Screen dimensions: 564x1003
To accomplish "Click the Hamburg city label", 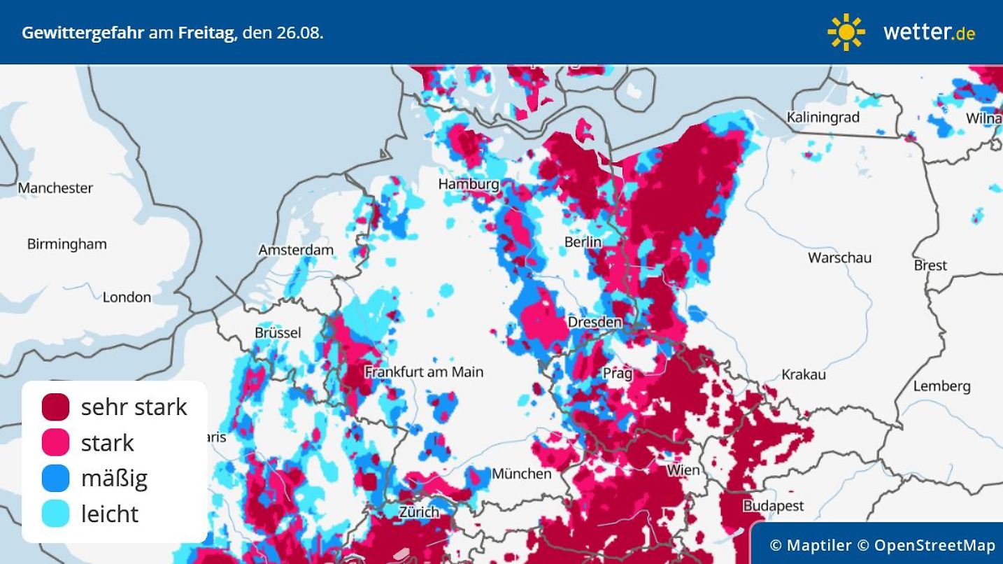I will pos(469,184).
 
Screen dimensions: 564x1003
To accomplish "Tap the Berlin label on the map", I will pos(583,241).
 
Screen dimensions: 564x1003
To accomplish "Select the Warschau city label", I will pos(839,258).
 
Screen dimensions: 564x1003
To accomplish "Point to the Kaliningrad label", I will pos(823,118).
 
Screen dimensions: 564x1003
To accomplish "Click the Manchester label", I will pos(55,188).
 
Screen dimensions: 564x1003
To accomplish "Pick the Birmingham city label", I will pos(66,244).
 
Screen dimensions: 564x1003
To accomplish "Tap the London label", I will pos(127,297).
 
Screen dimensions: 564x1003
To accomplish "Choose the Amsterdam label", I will pos(296,250).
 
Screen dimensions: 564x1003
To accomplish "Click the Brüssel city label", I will pos(278,332).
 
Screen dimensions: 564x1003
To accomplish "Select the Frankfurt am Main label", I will pos(424,372).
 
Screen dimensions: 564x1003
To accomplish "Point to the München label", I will pos(521,474).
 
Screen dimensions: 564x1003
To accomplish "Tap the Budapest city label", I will pos(773,505).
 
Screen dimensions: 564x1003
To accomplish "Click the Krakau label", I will pos(804,374).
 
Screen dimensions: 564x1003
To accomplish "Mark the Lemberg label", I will pos(941,386).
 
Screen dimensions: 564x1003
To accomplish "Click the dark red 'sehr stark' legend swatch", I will pos(56,407).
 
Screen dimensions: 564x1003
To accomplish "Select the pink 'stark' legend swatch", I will pos(56,442).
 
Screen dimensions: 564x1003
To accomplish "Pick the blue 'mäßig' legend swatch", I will pos(56,478).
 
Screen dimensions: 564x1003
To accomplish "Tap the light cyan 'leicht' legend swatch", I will pos(56,514).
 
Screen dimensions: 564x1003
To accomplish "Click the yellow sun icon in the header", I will pos(846,32).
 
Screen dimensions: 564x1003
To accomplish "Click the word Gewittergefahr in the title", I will pos(83,33).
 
